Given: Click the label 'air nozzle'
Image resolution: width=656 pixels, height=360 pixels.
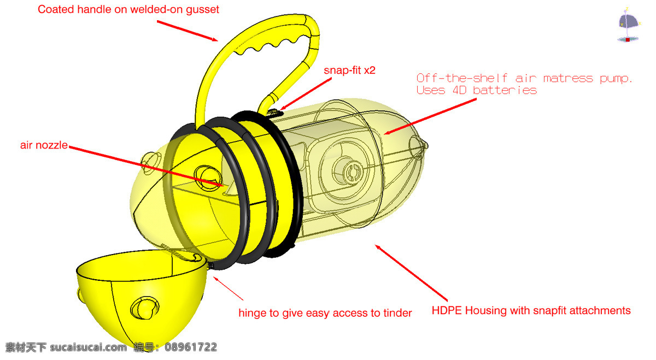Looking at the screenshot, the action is [44, 145].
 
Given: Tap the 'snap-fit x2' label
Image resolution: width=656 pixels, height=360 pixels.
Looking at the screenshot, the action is [349, 70].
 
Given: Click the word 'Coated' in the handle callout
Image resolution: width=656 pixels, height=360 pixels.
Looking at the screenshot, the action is [56, 9].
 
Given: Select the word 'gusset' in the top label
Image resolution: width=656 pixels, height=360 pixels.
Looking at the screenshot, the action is [202, 10].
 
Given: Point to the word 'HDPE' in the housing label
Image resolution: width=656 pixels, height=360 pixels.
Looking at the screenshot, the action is [447, 310].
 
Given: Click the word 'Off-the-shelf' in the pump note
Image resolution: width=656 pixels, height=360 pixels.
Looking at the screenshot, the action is [462, 78].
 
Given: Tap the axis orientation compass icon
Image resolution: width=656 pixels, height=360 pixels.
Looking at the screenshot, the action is [629, 26].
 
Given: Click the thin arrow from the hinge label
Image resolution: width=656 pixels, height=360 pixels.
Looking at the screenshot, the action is [228, 288].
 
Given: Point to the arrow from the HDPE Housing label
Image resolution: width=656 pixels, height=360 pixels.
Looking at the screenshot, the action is [411, 273].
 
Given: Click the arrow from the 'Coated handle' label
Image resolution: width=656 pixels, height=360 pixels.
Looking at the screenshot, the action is [188, 31].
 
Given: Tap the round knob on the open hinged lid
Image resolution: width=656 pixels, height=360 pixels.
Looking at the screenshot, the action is [145, 308].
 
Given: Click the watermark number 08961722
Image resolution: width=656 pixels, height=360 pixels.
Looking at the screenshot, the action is [191, 347].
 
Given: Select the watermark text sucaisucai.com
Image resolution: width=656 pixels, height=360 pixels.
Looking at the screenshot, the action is [89, 347].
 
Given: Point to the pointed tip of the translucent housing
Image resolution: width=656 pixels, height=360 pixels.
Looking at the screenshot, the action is [426, 145].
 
